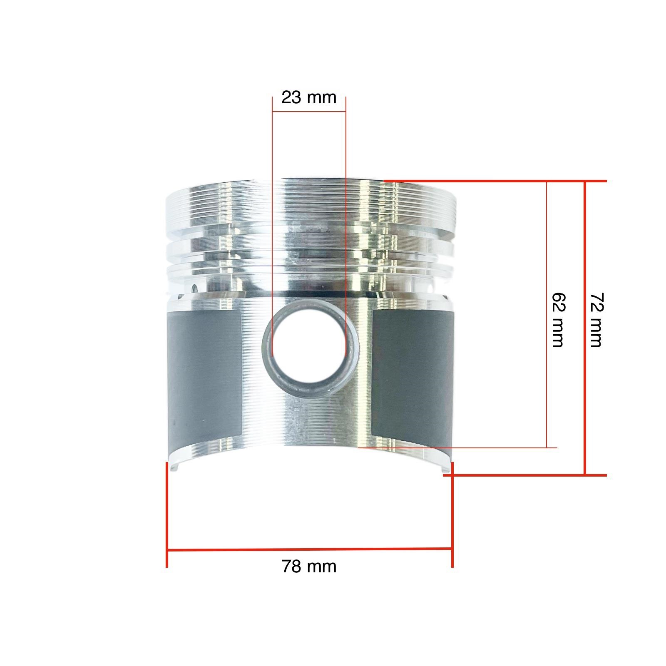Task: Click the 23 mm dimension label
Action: click(308, 97)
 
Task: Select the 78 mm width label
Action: click(309, 567)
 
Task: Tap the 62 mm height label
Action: click(558, 320)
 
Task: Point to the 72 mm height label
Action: click(596, 320)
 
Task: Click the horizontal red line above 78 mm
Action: click(309, 550)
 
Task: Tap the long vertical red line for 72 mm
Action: click(585, 328)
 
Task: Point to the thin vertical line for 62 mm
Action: click(547, 314)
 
